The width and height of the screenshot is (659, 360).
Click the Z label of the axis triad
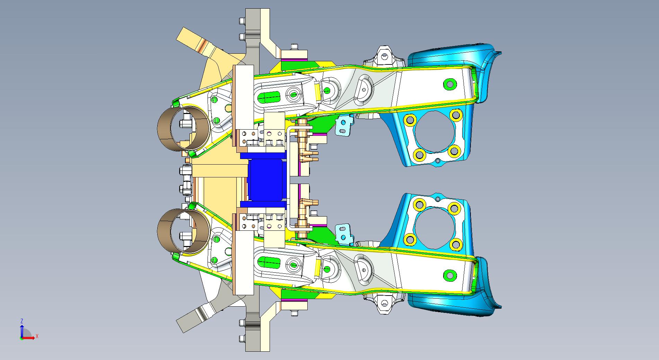[x=22, y=321]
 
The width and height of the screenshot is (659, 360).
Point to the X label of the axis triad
[x=37, y=336]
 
